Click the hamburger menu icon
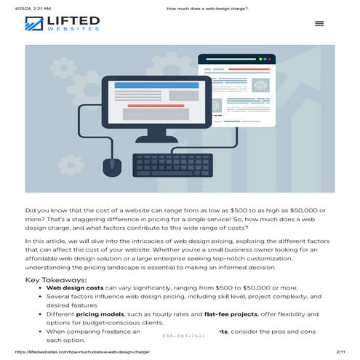coord(319,23)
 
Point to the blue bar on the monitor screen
coord(156,84)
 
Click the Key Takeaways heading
coord(56,279)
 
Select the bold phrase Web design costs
coord(74,288)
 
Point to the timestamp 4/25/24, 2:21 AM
coord(23,8)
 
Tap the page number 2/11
coord(340,352)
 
